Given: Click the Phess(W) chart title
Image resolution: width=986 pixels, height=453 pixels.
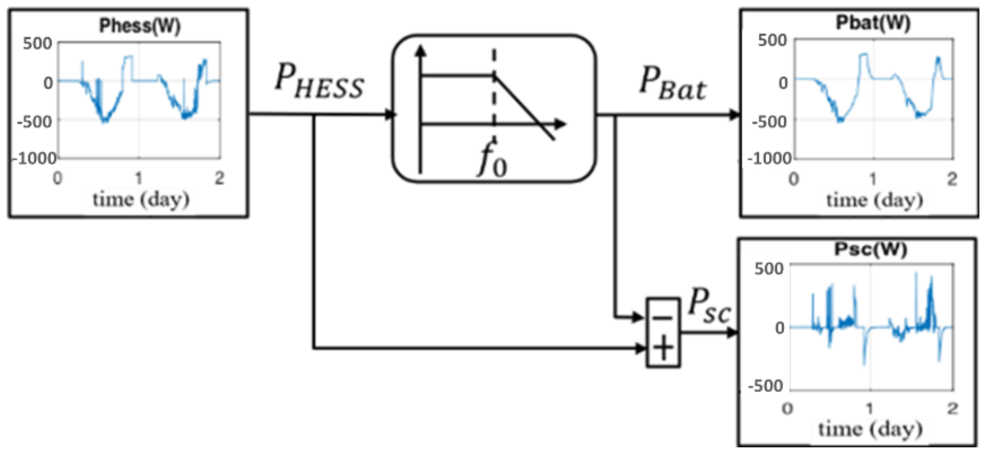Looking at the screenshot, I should pos(140,26).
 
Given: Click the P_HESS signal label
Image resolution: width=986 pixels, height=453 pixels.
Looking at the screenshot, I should pos(319,82).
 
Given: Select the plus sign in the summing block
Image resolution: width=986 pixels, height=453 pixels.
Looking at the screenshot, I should pos(663,347).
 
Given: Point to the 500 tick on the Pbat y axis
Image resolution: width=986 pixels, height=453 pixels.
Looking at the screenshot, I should pos(772,40).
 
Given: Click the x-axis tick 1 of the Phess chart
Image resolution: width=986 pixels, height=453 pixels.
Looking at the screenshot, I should pos(139,178).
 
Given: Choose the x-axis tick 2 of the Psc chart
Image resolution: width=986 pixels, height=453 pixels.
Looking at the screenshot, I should pos(953,409).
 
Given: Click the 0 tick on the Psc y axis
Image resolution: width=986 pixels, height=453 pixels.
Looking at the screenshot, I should pos(779,328).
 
